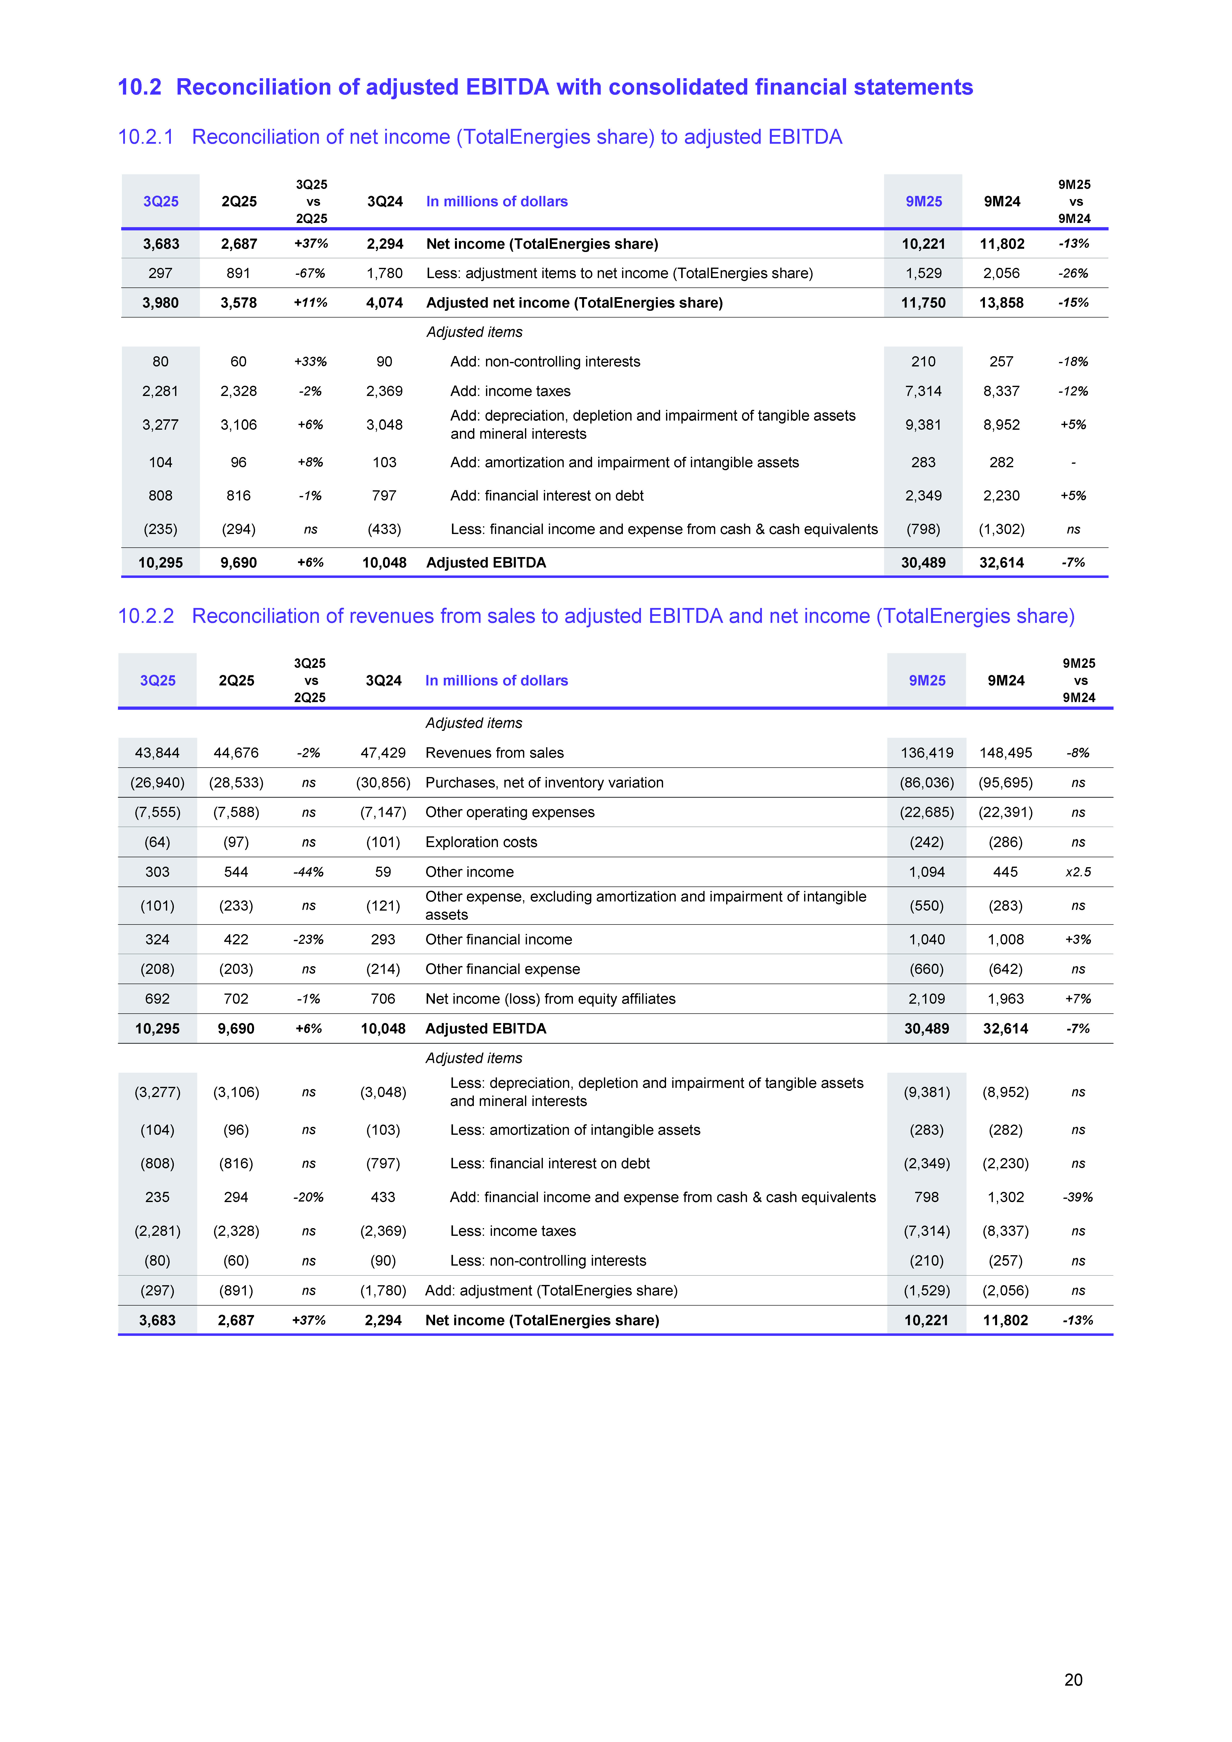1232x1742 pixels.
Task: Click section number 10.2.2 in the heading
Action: coord(146,616)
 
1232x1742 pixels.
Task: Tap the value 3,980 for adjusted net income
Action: coord(160,303)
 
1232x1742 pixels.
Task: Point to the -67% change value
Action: coord(310,273)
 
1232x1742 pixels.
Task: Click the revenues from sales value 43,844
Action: coord(157,753)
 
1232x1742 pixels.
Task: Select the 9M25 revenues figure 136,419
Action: coord(927,753)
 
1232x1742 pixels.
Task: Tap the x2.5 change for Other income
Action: coord(1078,872)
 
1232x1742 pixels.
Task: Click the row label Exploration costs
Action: coord(481,842)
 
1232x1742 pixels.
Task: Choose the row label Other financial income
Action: coord(499,939)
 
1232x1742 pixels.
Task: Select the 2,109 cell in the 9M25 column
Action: coord(927,998)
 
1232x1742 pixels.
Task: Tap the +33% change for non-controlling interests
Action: coord(310,362)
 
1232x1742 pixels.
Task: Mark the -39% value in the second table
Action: coord(1078,1197)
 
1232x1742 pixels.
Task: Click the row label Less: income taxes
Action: coord(513,1231)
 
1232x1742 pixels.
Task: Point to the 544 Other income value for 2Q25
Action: coord(236,872)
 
